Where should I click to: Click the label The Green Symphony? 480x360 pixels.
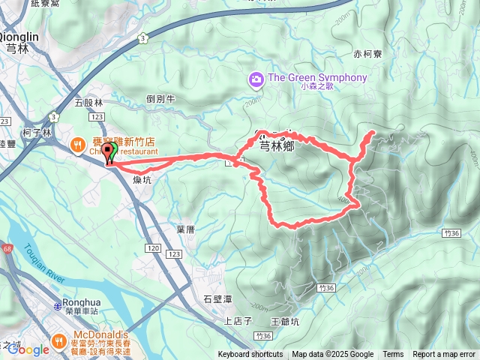tap(317, 78)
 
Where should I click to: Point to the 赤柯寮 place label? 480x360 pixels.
tap(367, 54)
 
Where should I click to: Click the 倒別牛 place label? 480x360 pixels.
tap(160, 98)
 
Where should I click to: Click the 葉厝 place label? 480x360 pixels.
tap(185, 229)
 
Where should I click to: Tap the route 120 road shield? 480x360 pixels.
tap(153, 247)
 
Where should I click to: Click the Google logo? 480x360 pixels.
tap(30, 349)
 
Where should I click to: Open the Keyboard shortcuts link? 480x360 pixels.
tap(250, 355)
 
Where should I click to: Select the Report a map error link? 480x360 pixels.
tap(443, 355)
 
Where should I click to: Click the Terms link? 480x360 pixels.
tap(393, 355)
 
